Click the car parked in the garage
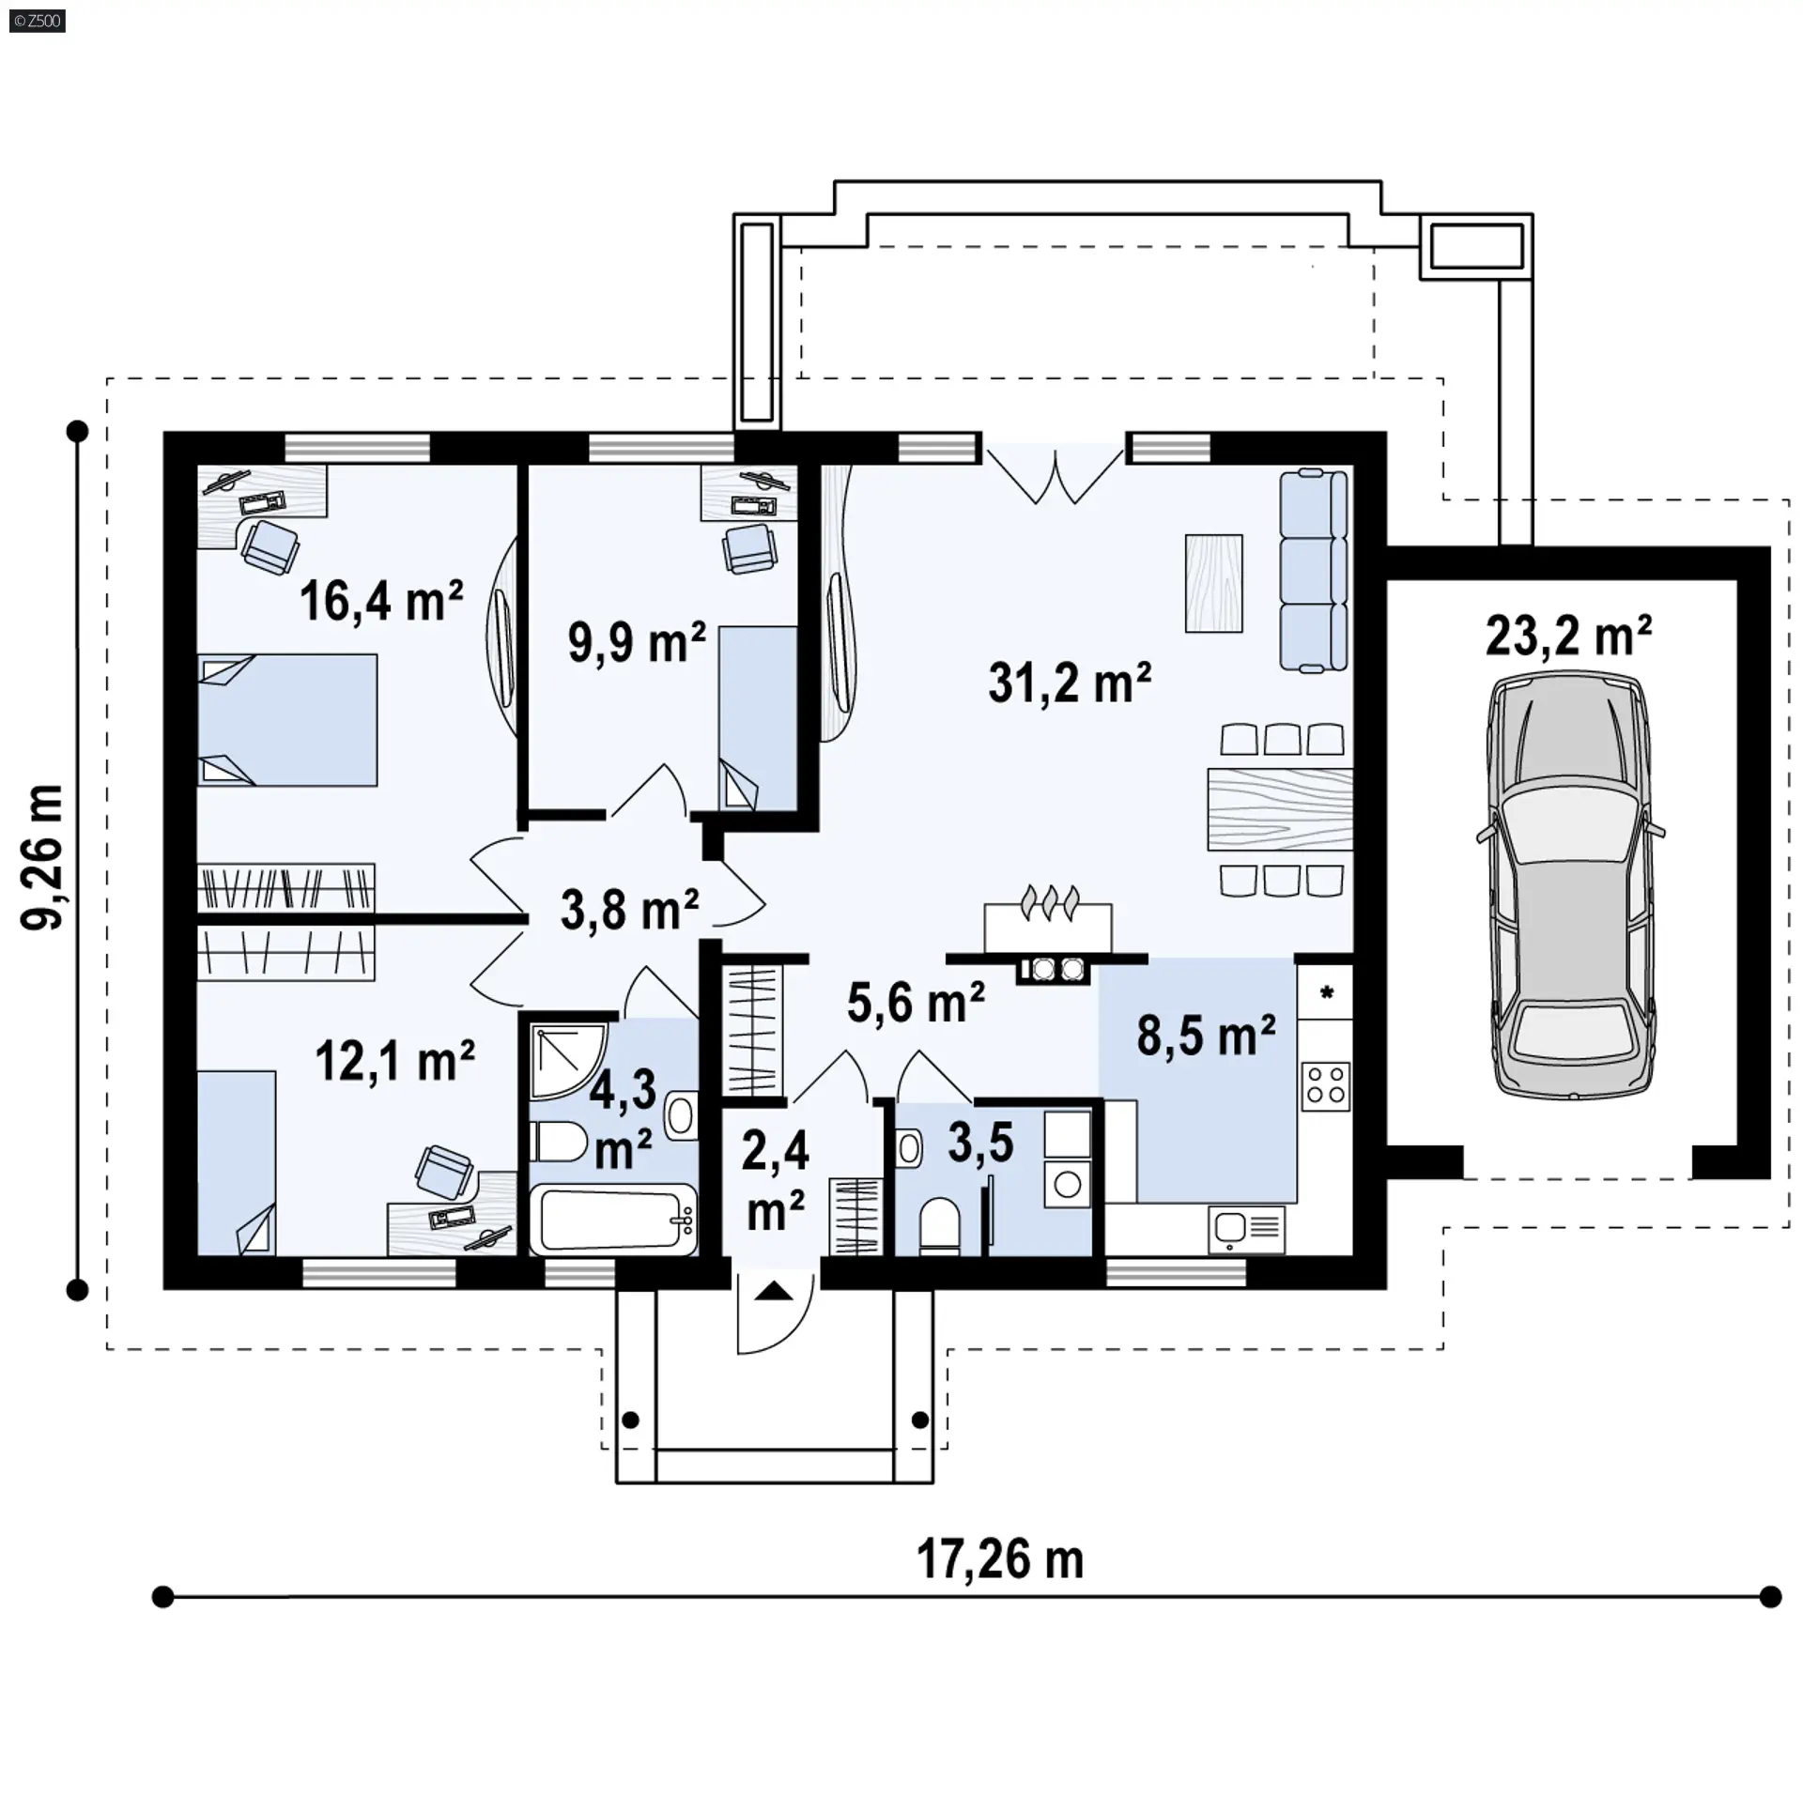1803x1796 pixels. (x=1570, y=883)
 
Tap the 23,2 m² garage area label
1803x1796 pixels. (x=1568, y=636)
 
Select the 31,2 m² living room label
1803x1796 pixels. (x=1070, y=683)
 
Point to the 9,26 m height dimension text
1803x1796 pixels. (x=43, y=856)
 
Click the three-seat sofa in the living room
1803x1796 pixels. (x=1314, y=571)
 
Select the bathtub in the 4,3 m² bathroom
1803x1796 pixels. (x=613, y=1219)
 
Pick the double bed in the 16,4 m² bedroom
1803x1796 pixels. (x=287, y=720)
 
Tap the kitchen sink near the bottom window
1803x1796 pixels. (x=1245, y=1227)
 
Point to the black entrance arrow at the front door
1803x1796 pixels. (x=774, y=1293)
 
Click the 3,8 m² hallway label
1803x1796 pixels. (x=629, y=910)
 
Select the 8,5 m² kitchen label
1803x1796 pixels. (x=1206, y=1036)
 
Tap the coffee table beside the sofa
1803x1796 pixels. (x=1214, y=583)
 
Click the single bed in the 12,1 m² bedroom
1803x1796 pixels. (x=237, y=1162)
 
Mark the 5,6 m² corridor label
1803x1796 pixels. (x=916, y=1003)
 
